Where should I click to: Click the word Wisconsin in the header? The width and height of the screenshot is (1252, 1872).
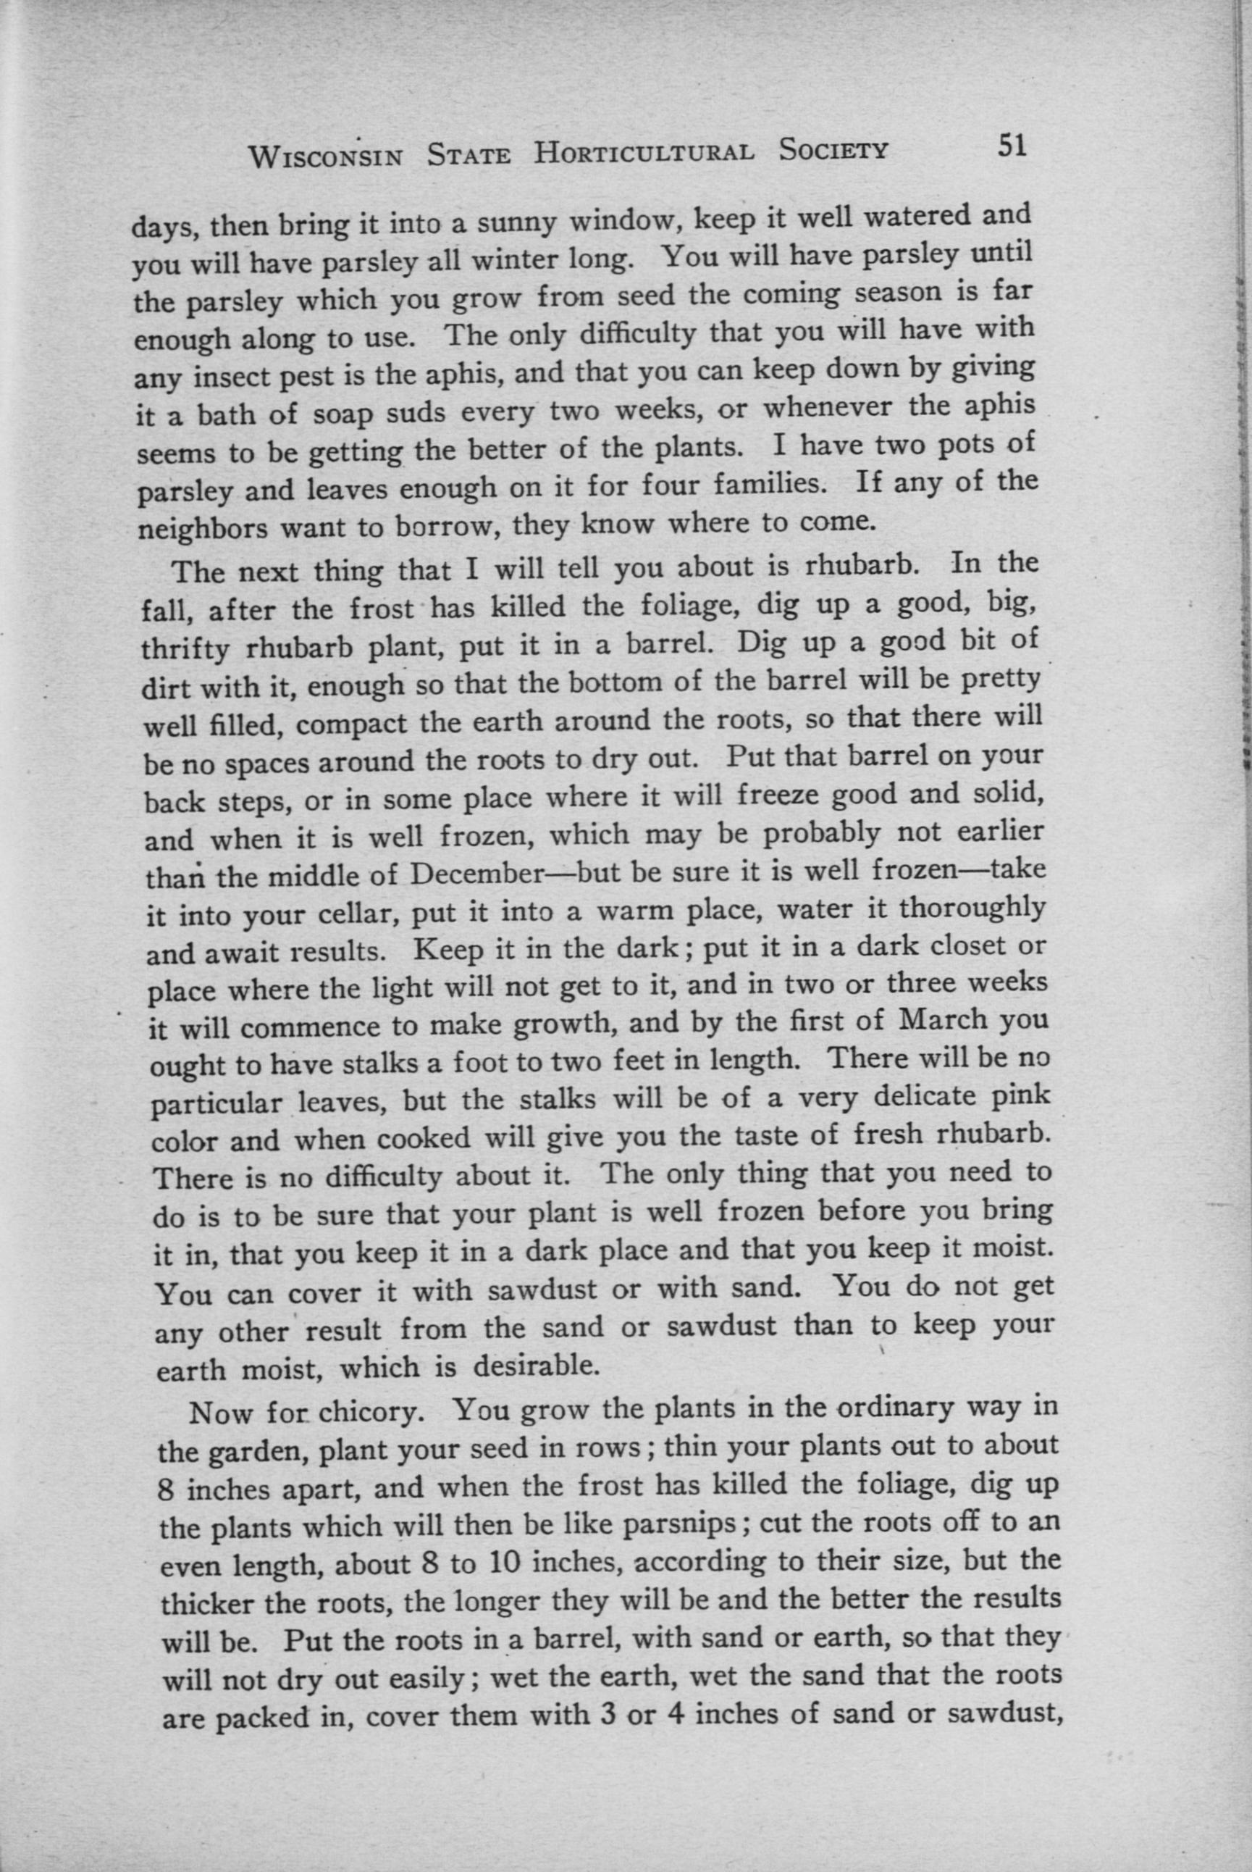[325, 156]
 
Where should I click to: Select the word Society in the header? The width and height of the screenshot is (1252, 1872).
[833, 149]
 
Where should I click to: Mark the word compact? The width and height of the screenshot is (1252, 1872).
[352, 725]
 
